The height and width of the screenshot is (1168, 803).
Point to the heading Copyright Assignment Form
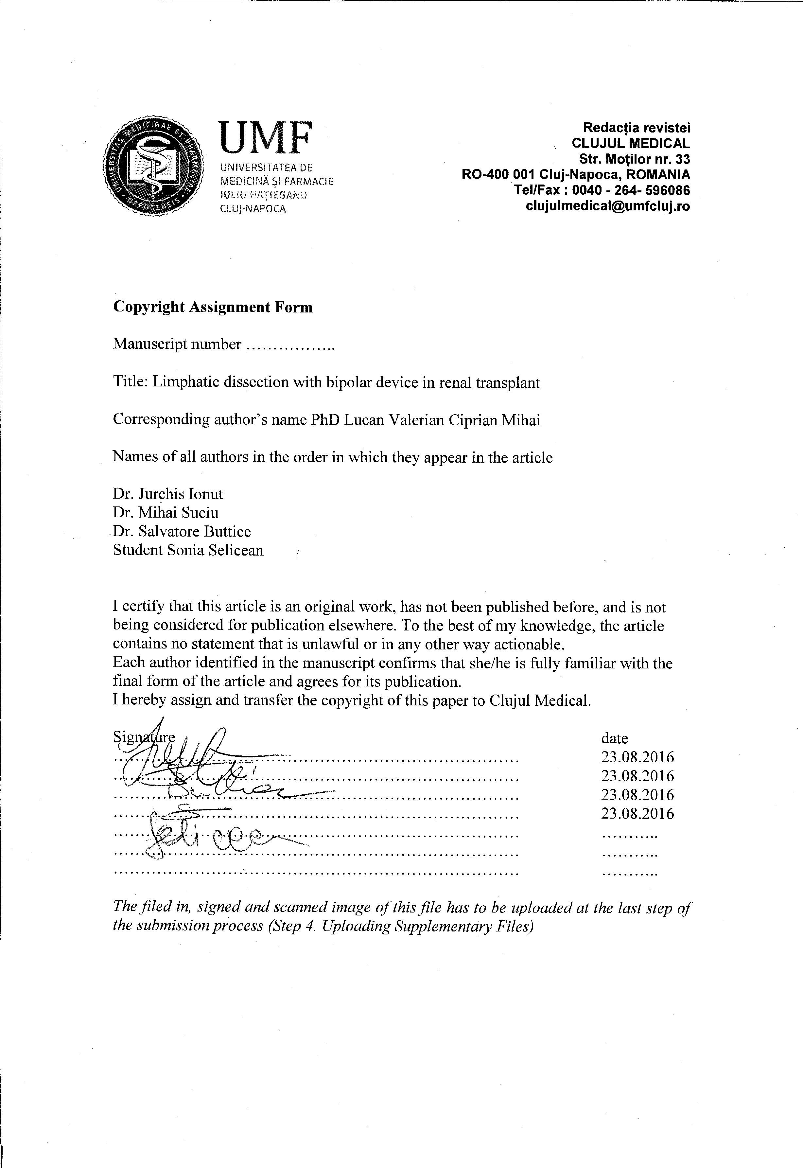pyautogui.click(x=213, y=307)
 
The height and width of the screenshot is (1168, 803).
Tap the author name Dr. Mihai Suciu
pyautogui.click(x=166, y=512)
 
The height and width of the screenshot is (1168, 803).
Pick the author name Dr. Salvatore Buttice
pyautogui.click(x=182, y=531)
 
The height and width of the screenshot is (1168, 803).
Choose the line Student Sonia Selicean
pyautogui.click(x=188, y=550)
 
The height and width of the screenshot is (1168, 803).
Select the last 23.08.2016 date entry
pyautogui.click(x=637, y=814)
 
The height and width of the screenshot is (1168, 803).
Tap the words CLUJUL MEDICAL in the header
pyautogui.click(x=631, y=143)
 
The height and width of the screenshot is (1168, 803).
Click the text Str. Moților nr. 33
pyautogui.click(x=635, y=160)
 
